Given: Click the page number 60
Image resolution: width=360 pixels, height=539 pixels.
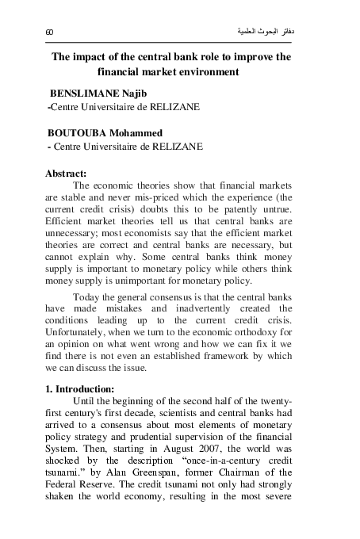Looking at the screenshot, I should tap(49, 32).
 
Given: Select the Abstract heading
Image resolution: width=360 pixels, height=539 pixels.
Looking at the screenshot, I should tap(67, 172).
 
